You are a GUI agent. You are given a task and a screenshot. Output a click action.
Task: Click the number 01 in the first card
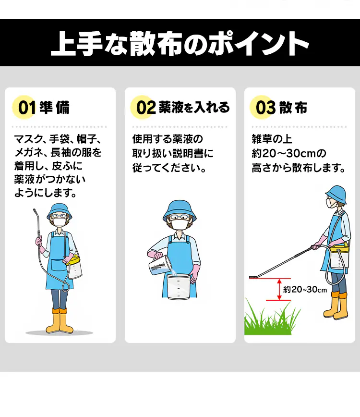[x=27, y=108]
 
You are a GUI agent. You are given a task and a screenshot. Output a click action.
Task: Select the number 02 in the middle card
[x=146, y=108]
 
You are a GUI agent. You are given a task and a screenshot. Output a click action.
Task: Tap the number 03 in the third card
[x=265, y=108]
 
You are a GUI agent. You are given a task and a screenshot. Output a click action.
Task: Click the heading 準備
[x=55, y=108]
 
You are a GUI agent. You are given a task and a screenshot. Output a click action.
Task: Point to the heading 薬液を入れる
[x=194, y=108]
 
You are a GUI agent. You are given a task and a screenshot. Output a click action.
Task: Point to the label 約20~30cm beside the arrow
[x=305, y=290]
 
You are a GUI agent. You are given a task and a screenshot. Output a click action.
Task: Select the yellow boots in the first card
[x=59, y=321]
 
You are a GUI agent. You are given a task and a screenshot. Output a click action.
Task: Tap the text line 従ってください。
[x=169, y=169]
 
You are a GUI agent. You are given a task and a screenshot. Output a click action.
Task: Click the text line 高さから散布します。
[x=299, y=169]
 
